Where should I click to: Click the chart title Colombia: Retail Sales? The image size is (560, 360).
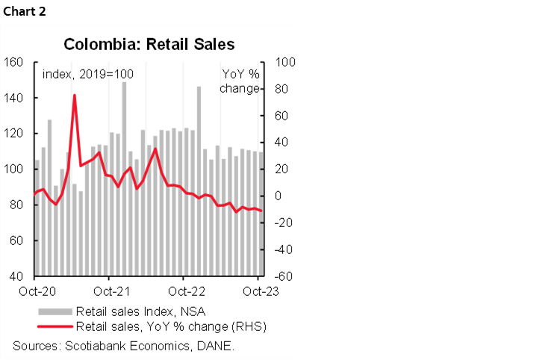149,44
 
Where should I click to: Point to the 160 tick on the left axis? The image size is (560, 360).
15,62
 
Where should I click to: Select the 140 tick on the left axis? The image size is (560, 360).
15,98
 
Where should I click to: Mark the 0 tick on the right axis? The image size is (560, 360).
280,196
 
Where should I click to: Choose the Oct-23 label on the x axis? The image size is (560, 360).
258,292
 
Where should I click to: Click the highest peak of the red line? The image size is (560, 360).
75,96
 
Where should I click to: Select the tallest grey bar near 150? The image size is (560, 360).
124,84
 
